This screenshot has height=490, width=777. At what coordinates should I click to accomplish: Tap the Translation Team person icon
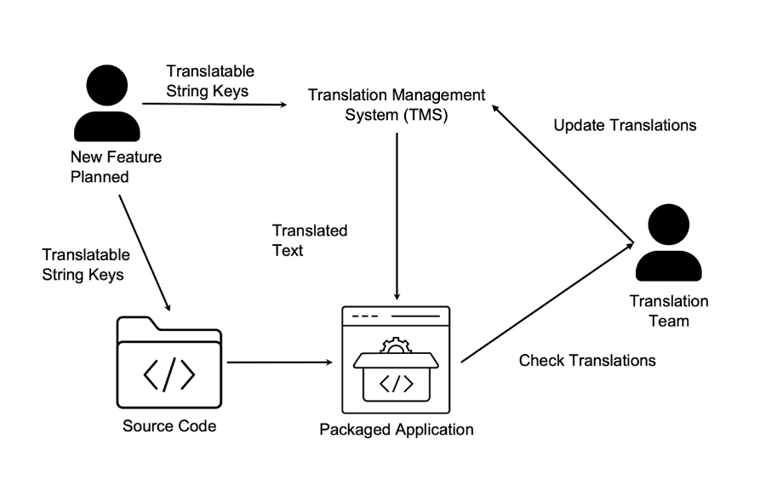point(668,244)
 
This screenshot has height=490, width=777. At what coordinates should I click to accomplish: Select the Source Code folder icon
point(169,362)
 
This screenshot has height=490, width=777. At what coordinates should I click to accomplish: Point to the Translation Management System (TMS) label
point(397,104)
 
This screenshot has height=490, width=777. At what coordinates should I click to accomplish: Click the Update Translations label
point(625,125)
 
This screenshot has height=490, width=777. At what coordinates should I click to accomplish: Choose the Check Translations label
point(587,360)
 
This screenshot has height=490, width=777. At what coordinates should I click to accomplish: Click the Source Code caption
point(169,426)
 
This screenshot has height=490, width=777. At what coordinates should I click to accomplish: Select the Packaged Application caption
point(396,429)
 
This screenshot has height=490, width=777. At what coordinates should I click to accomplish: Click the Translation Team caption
point(668,311)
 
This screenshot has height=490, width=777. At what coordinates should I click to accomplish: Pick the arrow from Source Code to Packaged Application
point(279,363)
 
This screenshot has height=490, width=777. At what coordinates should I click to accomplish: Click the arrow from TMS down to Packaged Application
point(397,213)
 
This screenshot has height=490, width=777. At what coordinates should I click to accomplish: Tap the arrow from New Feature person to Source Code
point(145,252)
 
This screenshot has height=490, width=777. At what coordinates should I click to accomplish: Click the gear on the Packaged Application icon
point(395,344)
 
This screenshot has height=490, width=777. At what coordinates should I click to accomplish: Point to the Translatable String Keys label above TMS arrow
point(209,80)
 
